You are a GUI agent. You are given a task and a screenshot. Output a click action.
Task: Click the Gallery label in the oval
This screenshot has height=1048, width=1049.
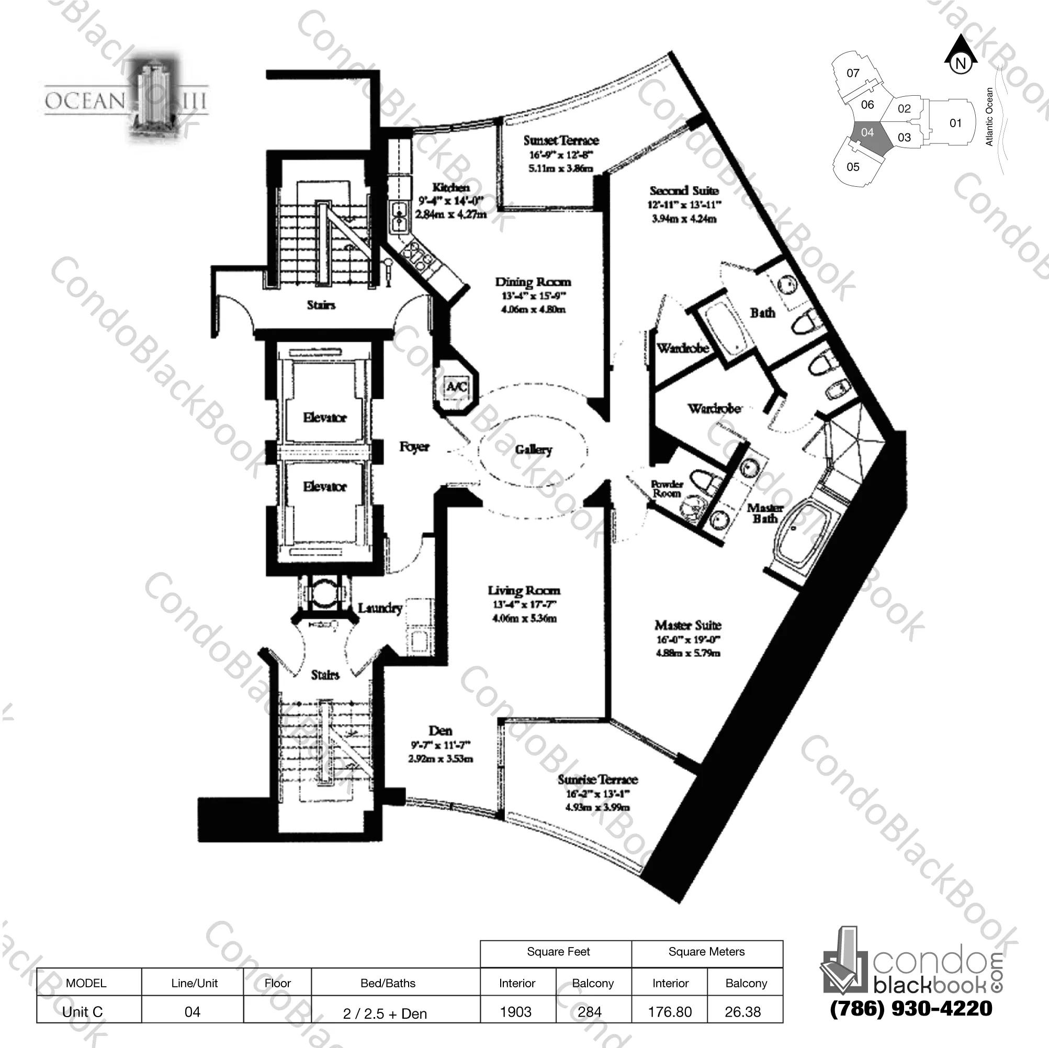point(533,449)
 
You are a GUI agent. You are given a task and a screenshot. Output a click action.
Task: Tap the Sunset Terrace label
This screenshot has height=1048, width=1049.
point(561,141)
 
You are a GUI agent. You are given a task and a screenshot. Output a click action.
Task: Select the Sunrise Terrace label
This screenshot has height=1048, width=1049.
point(597,780)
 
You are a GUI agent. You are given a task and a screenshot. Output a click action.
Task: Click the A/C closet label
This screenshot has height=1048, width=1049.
point(456,387)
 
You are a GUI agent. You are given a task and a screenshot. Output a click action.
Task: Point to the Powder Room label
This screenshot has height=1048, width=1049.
point(667,489)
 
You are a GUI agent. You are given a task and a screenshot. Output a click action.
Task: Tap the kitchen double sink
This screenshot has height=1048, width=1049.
point(399,216)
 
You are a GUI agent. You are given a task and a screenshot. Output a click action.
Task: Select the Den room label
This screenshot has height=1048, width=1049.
point(440,731)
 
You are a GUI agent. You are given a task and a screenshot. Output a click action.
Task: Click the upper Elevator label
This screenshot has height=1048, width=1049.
point(325,418)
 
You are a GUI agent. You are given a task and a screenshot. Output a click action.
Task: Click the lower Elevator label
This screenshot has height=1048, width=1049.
point(325,487)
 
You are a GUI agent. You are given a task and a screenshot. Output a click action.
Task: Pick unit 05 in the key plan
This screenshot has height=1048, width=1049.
point(853,167)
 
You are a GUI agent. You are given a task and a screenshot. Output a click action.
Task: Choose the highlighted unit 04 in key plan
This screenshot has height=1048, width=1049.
point(867,132)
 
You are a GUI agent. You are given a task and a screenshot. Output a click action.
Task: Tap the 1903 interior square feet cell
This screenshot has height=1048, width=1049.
point(516,1011)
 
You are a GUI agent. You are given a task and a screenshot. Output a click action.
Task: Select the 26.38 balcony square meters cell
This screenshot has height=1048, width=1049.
point(743,1011)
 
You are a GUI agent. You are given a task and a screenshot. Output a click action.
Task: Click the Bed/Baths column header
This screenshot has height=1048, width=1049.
point(388,983)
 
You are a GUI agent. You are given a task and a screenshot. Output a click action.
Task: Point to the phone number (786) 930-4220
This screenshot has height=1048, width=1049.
point(911,1008)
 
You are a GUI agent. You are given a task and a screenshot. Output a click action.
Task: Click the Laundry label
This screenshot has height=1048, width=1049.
point(380,608)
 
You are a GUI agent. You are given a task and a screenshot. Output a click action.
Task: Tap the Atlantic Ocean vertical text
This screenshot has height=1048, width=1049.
point(989,117)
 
